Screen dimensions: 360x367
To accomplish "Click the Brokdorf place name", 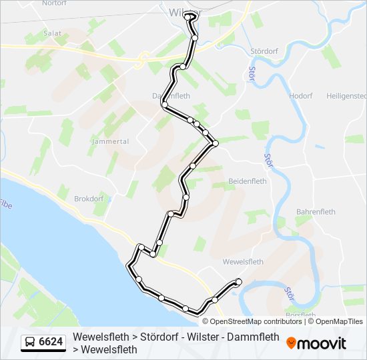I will click(x=89, y=199).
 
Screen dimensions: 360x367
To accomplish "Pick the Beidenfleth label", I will click(x=248, y=181).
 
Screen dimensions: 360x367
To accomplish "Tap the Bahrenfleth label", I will click(x=316, y=211).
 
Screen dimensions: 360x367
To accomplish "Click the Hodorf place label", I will click(x=301, y=96).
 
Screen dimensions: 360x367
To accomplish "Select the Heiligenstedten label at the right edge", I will click(x=346, y=96).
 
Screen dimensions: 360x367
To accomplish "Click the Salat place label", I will click(x=53, y=32).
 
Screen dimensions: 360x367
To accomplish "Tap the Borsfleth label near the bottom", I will click(x=300, y=315).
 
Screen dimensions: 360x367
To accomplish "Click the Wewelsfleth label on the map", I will click(x=240, y=261).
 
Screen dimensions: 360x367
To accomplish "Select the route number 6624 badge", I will click(x=51, y=342).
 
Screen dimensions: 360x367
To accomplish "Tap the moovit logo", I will click(x=316, y=343).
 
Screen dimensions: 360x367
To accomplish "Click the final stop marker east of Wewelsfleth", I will click(x=238, y=282).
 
